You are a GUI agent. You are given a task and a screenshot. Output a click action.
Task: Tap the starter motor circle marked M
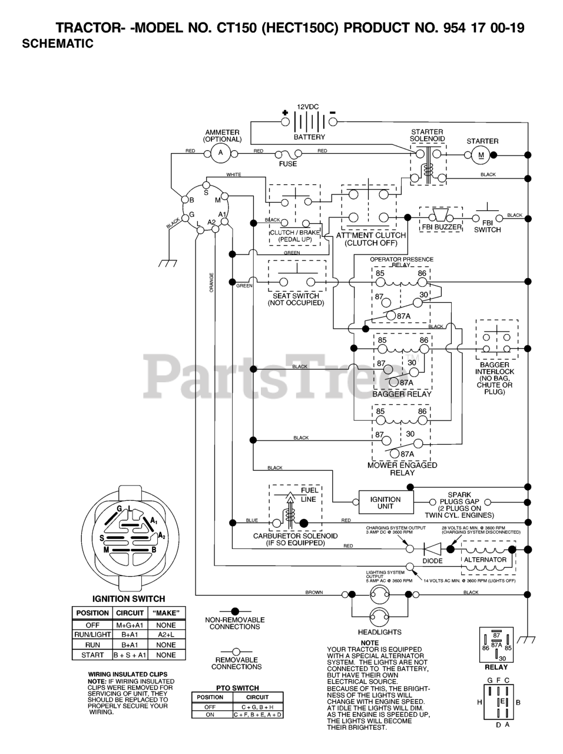(x=481, y=155)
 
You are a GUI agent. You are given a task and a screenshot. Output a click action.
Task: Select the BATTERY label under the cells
(x=309, y=137)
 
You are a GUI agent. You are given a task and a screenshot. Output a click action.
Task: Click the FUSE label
(x=288, y=164)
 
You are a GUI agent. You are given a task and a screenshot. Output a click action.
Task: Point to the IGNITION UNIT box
(x=385, y=502)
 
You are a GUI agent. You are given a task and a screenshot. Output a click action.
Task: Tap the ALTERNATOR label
(x=485, y=560)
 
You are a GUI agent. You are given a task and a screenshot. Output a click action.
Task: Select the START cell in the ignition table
(x=92, y=654)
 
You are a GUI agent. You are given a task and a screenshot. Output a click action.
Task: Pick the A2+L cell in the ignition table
(x=166, y=634)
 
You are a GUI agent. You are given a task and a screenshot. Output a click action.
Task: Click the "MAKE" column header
(x=166, y=613)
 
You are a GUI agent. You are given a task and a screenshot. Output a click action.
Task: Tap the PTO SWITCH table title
(x=237, y=688)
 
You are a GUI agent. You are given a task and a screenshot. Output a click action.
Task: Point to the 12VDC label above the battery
(x=307, y=107)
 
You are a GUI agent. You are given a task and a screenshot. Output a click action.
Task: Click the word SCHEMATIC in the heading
(x=57, y=44)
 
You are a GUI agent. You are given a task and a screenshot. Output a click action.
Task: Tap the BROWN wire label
(x=314, y=592)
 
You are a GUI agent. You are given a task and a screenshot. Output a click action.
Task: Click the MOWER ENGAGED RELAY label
(x=402, y=469)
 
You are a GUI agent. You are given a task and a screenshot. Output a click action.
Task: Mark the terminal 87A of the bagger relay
(x=406, y=382)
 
